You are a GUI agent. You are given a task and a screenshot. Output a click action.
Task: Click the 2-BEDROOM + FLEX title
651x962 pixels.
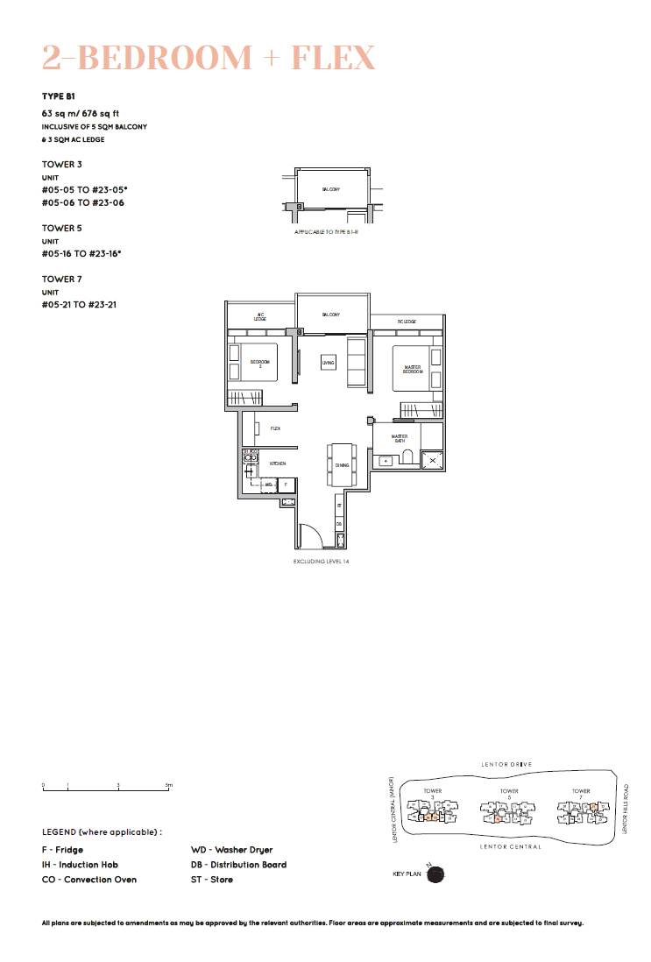(209, 58)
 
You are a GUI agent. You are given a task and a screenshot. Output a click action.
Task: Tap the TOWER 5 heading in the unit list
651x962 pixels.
(61, 228)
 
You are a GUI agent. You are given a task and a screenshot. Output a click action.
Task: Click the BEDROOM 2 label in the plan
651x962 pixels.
(260, 364)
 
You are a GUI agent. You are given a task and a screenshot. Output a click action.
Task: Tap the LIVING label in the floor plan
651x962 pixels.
(329, 362)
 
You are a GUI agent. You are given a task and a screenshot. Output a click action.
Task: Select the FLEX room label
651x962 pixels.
(275, 428)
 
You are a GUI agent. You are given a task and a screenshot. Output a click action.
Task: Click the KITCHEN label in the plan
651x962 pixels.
(278, 463)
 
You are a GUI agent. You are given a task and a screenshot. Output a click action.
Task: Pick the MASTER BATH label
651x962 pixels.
(400, 438)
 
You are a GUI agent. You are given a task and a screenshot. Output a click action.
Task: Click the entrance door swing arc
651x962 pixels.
(308, 531)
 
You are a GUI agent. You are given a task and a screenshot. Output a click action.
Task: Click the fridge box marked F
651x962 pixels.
(286, 484)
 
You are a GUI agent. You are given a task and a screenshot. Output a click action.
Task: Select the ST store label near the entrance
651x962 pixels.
(339, 506)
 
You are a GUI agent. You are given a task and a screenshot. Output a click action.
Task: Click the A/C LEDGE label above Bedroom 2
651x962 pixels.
(260, 317)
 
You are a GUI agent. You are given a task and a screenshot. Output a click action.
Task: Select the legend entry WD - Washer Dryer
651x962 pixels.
(231, 850)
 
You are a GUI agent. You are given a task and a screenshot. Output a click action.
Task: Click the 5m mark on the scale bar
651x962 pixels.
(170, 786)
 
